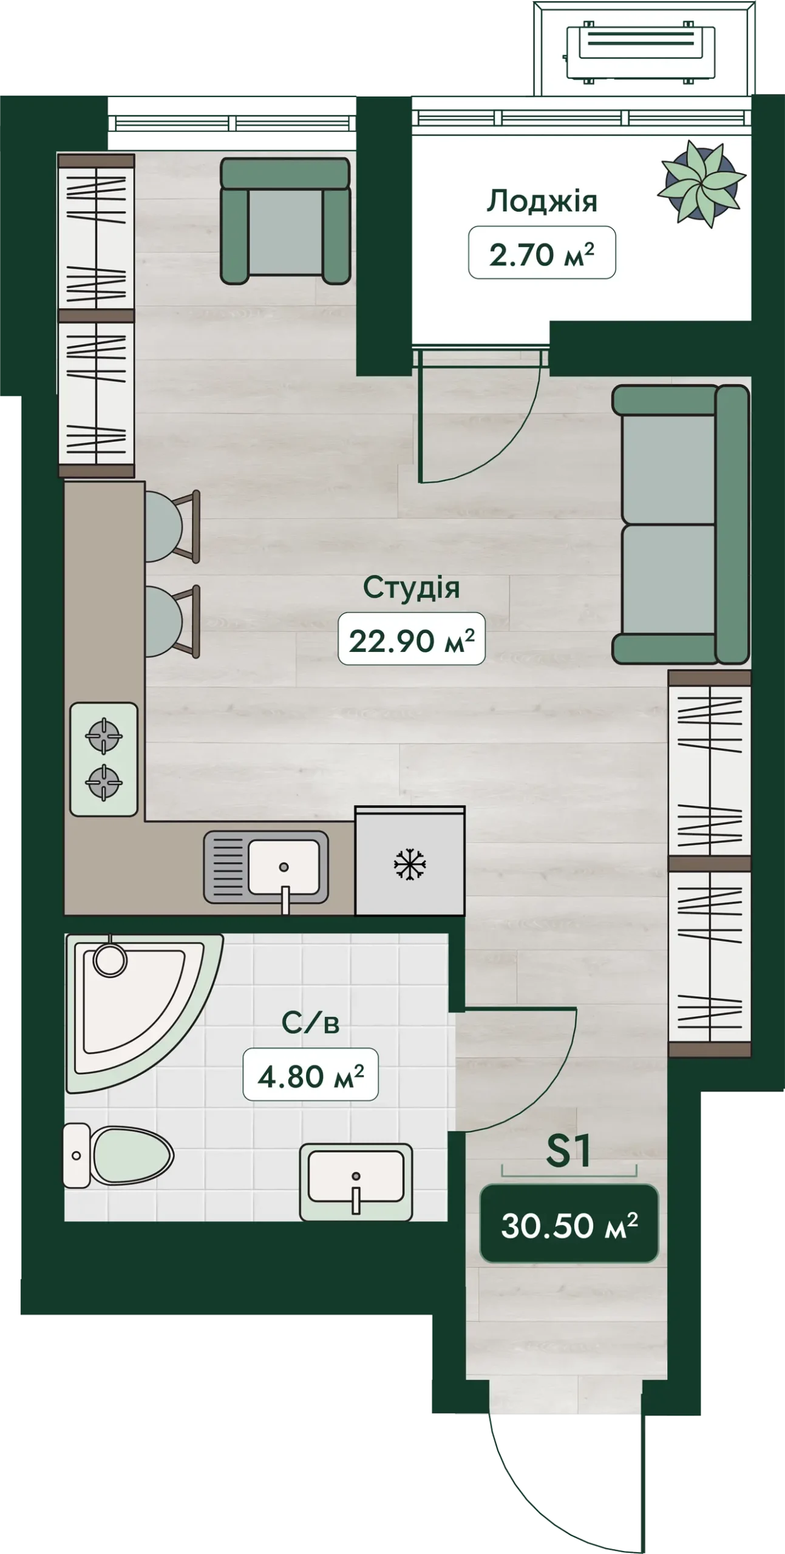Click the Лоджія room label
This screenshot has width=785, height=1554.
coord(542,202)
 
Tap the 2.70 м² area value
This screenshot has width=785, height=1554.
coord(542,253)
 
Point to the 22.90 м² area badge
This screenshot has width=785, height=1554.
coord(411,639)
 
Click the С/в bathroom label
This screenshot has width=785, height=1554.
coord(310,1023)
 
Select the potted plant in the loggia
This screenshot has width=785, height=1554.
coord(702,182)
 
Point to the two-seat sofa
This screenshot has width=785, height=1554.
coord(681,524)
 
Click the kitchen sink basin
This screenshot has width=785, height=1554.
coord(284,866)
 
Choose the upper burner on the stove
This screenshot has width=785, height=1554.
coord(104,735)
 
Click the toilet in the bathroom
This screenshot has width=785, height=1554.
coord(118,1156)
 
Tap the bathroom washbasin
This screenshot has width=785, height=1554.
coord(356,1182)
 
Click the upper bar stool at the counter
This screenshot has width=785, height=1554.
coord(172,526)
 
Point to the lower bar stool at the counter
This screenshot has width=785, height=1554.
coord(172,621)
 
